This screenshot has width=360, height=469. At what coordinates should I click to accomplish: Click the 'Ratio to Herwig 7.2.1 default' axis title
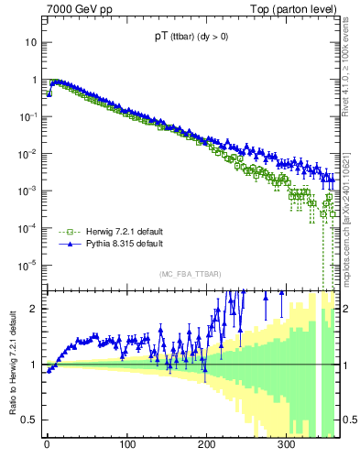11,365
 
